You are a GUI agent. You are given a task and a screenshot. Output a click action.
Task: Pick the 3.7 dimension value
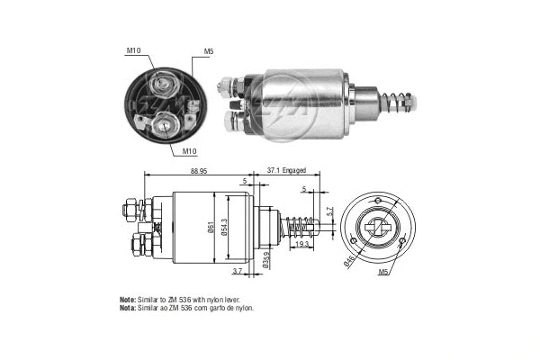click(237, 271)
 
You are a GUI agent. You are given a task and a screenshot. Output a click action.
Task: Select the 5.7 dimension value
click(329, 212)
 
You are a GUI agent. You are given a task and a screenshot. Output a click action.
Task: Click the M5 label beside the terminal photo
click(209, 52)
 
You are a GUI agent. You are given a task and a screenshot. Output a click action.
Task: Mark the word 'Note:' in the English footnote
click(128, 299)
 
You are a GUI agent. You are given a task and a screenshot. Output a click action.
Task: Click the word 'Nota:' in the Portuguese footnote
click(128, 308)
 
